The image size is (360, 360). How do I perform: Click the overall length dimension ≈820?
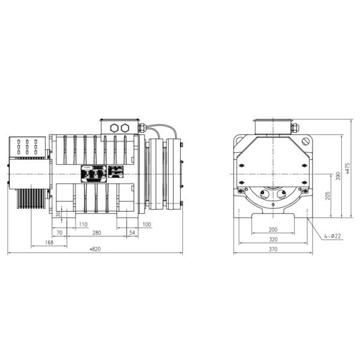pyautogui.click(x=94, y=249)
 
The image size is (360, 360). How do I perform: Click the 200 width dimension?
pyautogui.click(x=272, y=230)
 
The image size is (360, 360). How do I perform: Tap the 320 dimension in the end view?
pyautogui.click(x=272, y=239)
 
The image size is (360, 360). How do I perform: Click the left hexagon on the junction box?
pyautogui.click(x=114, y=128)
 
